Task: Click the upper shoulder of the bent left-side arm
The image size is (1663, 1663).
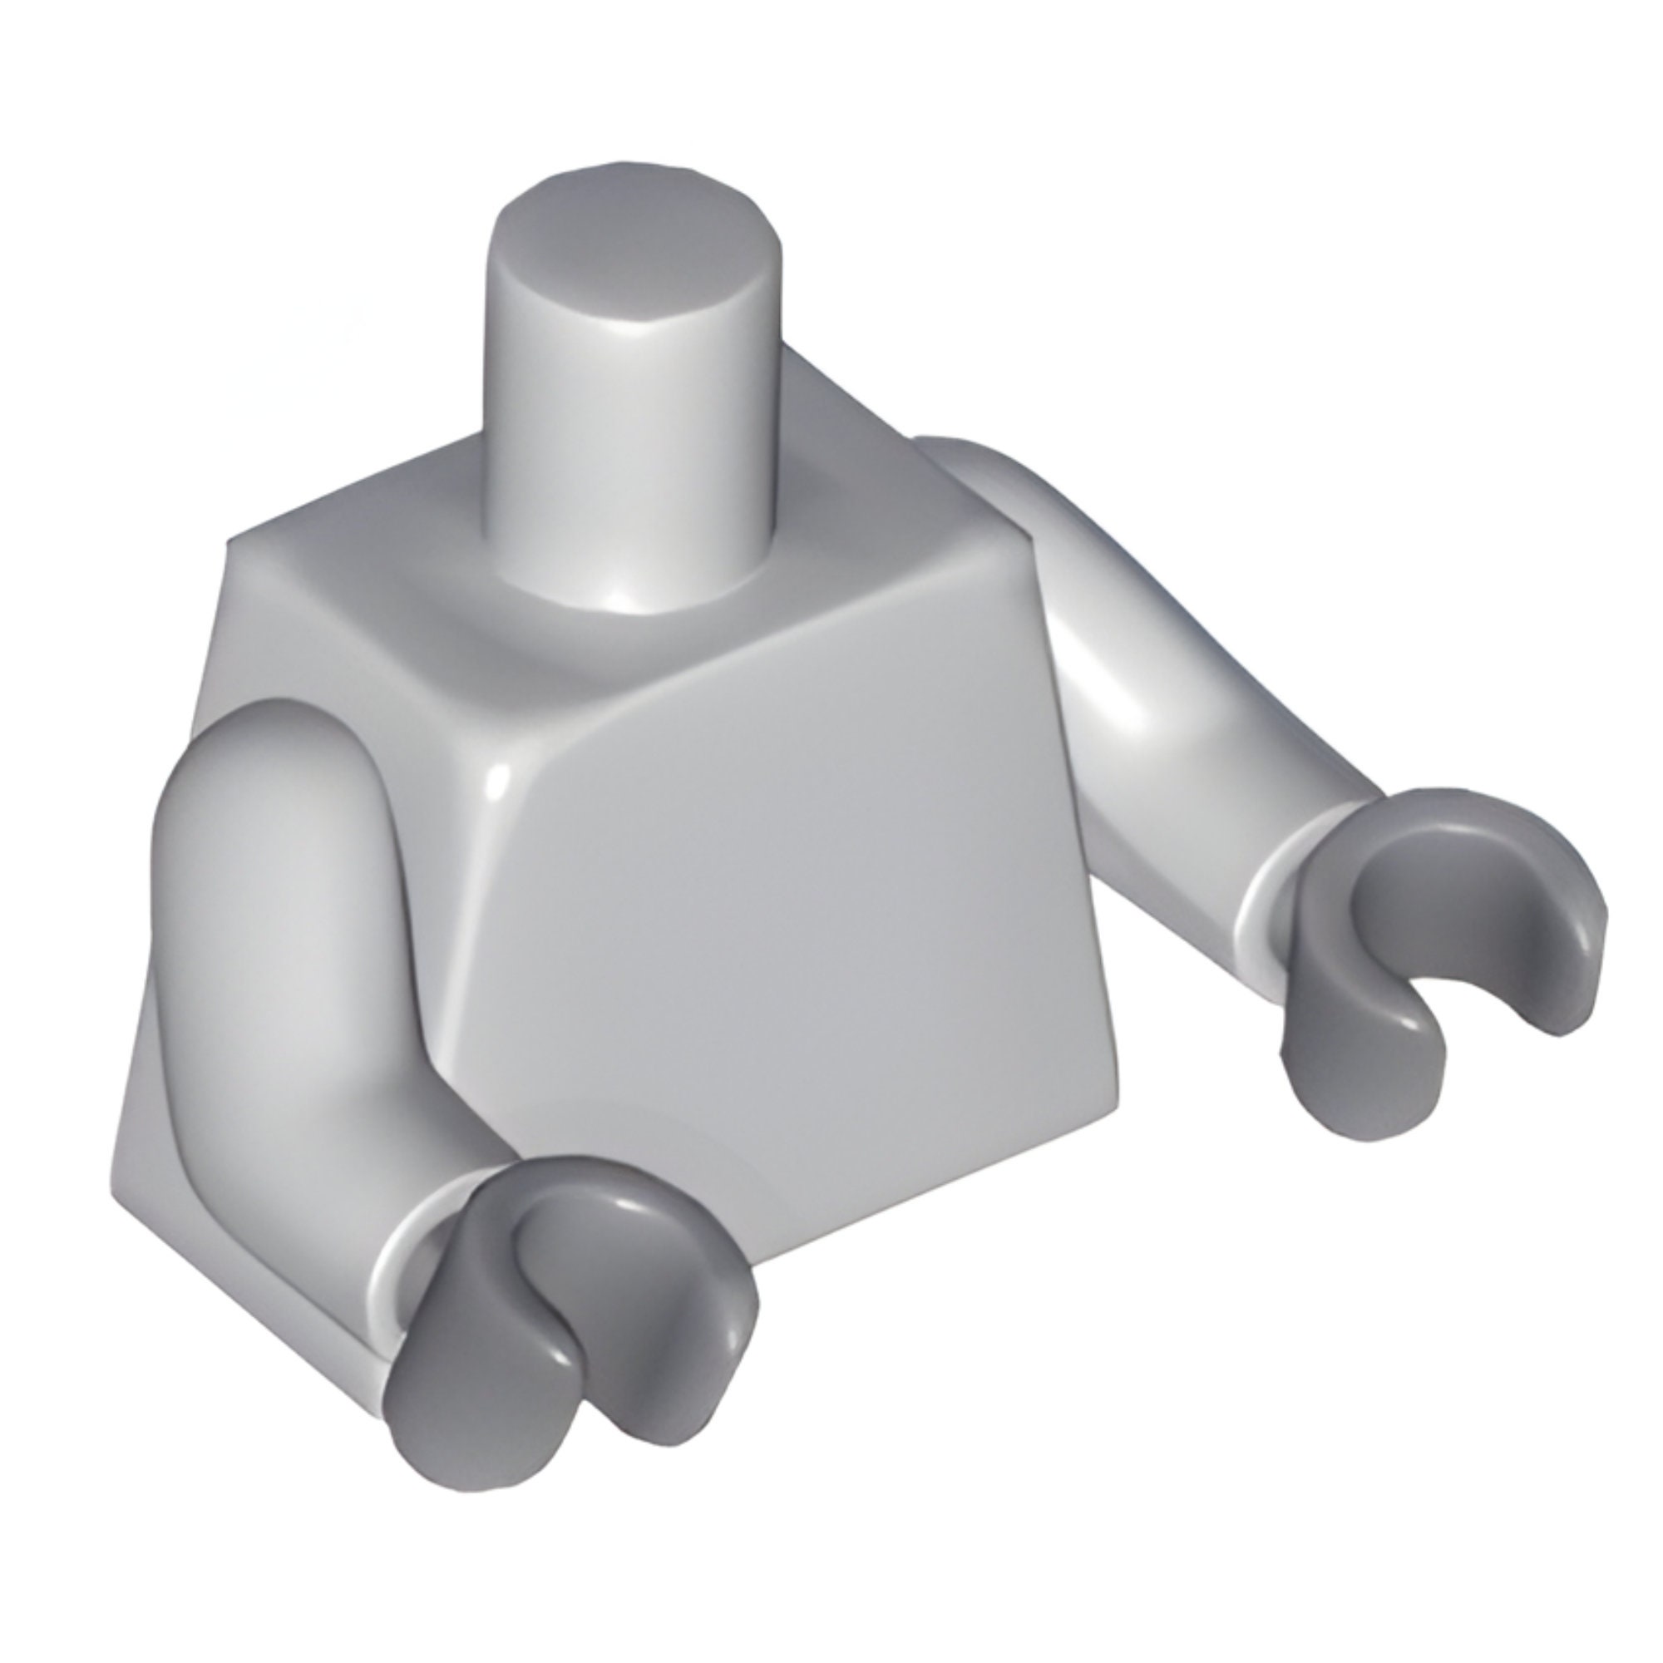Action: [275, 757]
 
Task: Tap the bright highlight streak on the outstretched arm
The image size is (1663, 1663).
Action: [1119, 698]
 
